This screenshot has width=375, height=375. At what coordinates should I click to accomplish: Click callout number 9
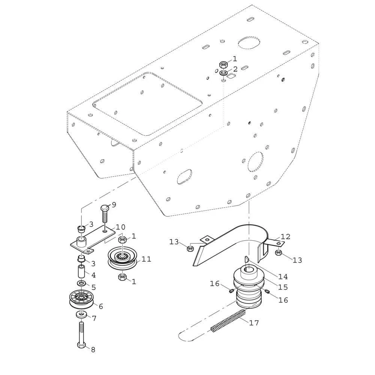(x=114, y=205)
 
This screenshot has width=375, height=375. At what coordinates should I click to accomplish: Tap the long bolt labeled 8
(x=81, y=335)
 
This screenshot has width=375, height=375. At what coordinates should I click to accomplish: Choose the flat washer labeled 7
(x=82, y=315)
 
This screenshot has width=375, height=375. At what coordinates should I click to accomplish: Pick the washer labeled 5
(x=82, y=283)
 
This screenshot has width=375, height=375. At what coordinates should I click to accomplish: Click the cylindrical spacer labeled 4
(x=81, y=271)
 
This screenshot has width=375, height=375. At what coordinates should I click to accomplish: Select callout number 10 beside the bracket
(x=120, y=227)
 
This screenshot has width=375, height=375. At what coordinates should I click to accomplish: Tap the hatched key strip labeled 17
(x=228, y=321)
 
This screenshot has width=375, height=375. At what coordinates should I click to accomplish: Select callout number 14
(x=283, y=276)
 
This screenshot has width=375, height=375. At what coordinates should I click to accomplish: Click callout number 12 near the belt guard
(x=285, y=237)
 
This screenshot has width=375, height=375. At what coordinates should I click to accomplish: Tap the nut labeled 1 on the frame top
(x=223, y=64)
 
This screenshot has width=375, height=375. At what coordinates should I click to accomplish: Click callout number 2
(x=235, y=69)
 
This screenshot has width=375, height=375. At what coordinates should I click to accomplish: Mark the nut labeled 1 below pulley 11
(x=123, y=277)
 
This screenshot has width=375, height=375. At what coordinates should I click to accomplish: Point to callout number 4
(x=93, y=275)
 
